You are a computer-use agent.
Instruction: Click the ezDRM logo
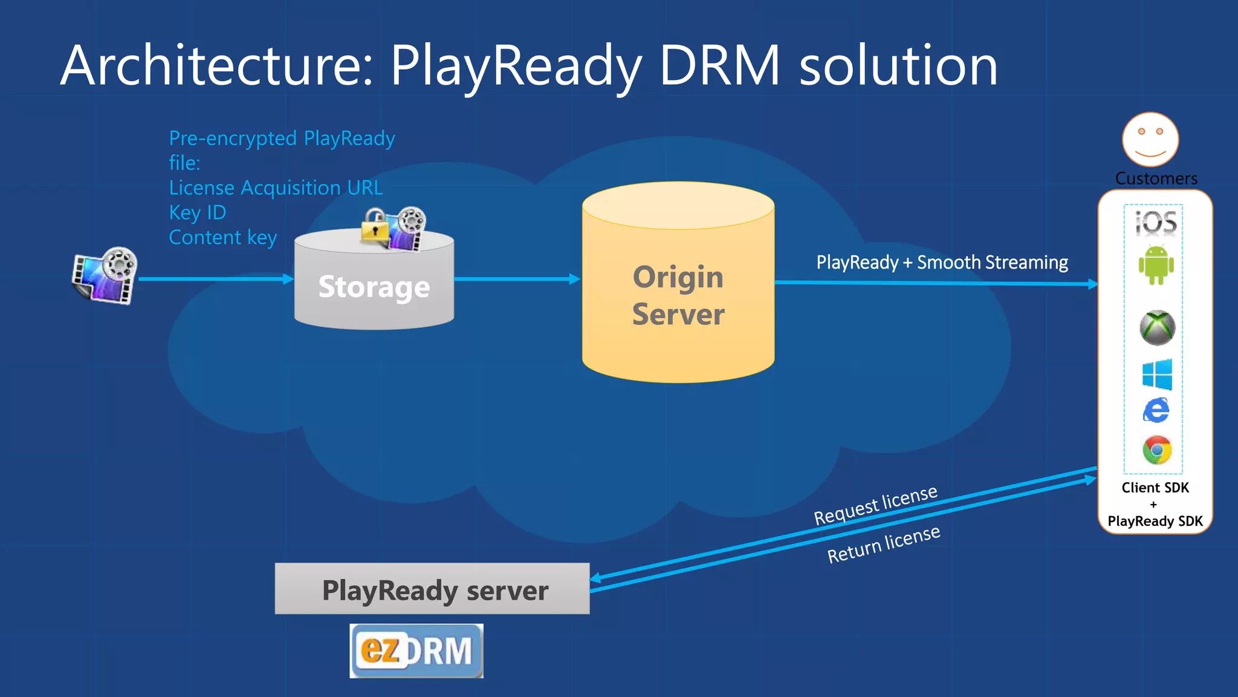pos(416,651)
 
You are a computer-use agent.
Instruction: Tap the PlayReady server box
pos(432,589)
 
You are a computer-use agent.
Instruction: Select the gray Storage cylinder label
pos(374,287)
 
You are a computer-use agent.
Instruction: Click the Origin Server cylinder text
pos(678,295)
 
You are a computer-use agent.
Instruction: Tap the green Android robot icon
pos(1156,264)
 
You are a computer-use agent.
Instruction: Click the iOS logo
pos(1156,223)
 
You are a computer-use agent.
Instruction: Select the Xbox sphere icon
pos(1157,328)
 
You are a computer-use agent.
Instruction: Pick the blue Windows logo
pos(1157,374)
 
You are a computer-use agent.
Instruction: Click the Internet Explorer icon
pos(1156,411)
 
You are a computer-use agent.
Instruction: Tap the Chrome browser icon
pos(1156,450)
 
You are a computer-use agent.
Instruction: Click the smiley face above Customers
pos(1150,139)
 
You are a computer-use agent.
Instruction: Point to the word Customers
pos(1156,178)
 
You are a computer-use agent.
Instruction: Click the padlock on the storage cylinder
pos(375,226)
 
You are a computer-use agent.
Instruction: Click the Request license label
pos(875,505)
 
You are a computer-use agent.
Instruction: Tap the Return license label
pos(883,545)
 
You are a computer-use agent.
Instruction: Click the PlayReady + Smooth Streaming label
pos(942,263)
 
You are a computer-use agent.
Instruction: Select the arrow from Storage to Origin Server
pos(517,279)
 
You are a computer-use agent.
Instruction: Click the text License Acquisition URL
pos(276,188)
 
